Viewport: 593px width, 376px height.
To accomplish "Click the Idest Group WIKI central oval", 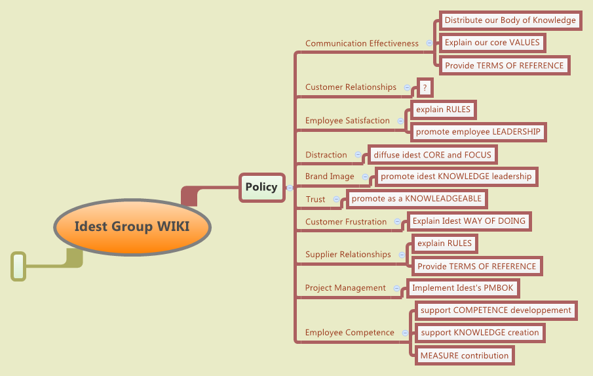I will pos(132,227).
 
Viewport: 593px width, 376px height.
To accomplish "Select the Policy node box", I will pos(261,187).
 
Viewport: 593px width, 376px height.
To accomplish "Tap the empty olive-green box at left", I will pos(18,266).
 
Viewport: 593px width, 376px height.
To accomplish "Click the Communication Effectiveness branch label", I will pos(362,43).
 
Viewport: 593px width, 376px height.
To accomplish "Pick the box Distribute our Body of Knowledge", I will pos(510,20).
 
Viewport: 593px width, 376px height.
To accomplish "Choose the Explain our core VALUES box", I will pos(492,43).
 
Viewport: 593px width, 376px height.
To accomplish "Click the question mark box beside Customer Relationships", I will pos(425,87).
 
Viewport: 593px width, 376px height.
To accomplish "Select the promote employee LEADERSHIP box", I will pos(478,132).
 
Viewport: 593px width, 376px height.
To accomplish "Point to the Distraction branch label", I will pos(326,155).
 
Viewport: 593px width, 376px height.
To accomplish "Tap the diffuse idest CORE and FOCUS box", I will pos(432,155).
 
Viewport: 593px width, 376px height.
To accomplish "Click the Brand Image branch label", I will pos(330,177).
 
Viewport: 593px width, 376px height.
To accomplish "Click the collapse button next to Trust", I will pos(337,199).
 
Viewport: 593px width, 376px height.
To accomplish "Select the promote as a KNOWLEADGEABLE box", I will pos(417,198).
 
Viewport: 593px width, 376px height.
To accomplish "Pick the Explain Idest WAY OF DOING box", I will pos(469,221).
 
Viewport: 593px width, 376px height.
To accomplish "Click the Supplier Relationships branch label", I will pos(348,255).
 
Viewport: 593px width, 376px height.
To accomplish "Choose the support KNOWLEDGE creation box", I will pos(480,333).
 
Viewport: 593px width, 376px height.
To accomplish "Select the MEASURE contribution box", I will pos(464,356).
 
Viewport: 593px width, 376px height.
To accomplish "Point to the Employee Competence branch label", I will pos(349,333).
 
